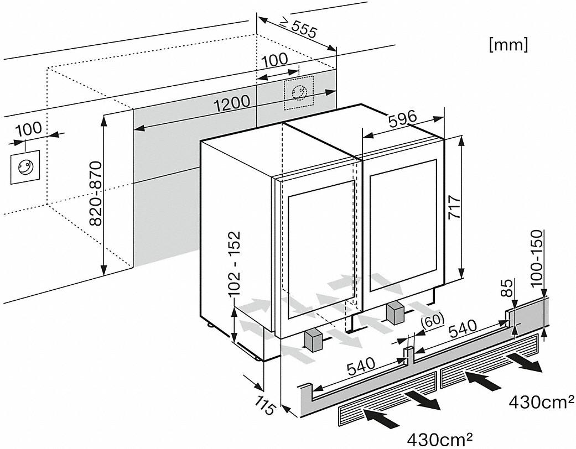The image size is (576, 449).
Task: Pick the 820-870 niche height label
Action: tap(95, 194)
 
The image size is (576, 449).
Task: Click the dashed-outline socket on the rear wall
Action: tap(298, 91)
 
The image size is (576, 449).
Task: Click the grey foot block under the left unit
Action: tap(313, 340)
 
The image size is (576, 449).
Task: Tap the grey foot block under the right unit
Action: tap(396, 314)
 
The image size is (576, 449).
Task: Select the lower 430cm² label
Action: tap(439, 439)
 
